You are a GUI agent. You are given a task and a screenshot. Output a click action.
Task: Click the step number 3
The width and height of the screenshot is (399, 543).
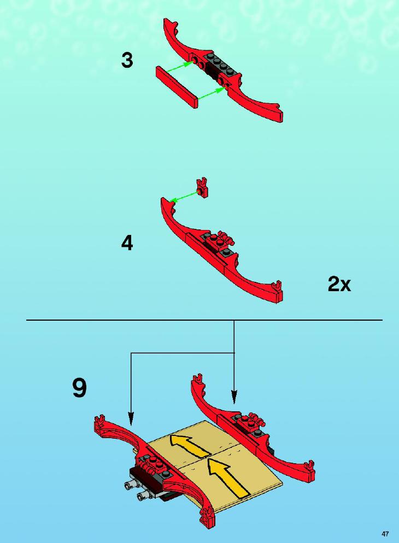pyautogui.click(x=127, y=60)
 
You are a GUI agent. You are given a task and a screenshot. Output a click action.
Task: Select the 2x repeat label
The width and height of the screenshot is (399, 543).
pyautogui.click(x=339, y=284)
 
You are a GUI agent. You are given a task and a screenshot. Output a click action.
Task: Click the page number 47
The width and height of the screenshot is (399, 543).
pyautogui.click(x=385, y=534)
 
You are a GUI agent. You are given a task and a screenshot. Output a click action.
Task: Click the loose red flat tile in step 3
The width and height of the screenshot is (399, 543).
pyautogui.click(x=177, y=87)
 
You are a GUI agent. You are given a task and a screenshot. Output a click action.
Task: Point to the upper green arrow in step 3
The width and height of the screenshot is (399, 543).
pyautogui.click(x=179, y=67)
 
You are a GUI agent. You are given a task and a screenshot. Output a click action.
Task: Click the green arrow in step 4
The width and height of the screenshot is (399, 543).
pyautogui.click(x=184, y=196)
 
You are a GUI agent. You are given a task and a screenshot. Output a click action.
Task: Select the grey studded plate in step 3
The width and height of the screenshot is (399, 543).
pyautogui.click(x=222, y=66)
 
